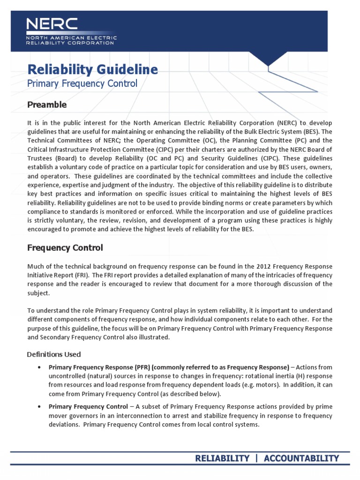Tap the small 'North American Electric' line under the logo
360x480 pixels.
click(72, 37)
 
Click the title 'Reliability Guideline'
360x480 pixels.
click(93, 70)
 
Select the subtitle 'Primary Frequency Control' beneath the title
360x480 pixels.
click(82, 84)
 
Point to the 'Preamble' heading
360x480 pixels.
click(47, 105)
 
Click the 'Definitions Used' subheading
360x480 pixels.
click(54, 354)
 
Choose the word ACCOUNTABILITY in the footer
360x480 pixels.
click(301, 458)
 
